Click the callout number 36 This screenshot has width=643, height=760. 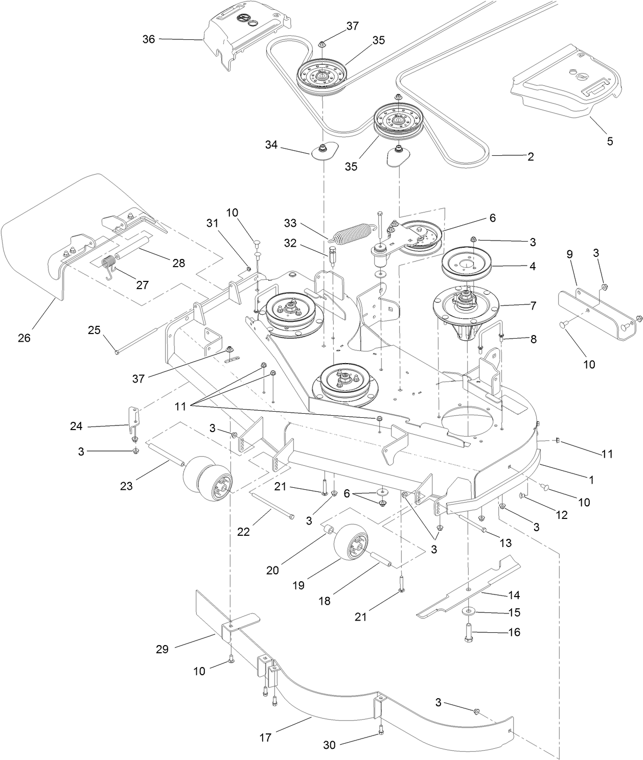pos(149,39)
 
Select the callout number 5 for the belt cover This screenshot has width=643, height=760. pos(610,141)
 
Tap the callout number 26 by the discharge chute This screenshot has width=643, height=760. pos(24,338)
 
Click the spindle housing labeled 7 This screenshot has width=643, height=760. pos(468,307)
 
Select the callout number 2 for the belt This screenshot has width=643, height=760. pos(531,157)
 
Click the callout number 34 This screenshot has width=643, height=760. pos(271,145)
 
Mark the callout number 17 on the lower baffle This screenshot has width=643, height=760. pos(265,738)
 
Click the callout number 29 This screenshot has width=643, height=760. pos(162,649)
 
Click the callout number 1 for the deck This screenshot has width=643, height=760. pos(591,480)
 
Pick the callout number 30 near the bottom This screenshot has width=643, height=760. pos(330,745)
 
